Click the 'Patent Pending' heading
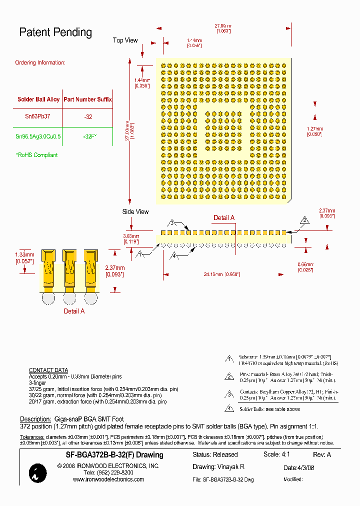[x=55, y=32]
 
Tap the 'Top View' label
[x=125, y=40]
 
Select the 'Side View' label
[x=135, y=211]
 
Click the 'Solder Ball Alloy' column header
[x=38, y=99]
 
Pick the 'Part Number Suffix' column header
[x=87, y=99]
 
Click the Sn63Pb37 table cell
[x=37, y=116]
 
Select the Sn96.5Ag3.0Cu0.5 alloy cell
[x=38, y=136]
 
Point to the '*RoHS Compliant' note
[x=36, y=155]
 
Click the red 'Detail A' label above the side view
[x=224, y=217]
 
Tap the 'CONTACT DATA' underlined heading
[x=48, y=370]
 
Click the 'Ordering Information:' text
[x=40, y=62]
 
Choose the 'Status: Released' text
[x=215, y=454]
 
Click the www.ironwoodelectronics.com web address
[x=108, y=479]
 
